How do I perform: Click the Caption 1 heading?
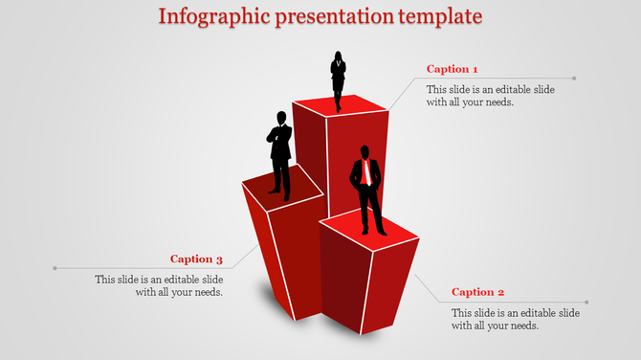(x=452, y=69)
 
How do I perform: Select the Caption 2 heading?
(x=477, y=292)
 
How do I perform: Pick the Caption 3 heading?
(x=196, y=259)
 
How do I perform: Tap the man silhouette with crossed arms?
(x=279, y=153)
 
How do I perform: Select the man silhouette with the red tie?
(x=367, y=190)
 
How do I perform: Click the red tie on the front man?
(x=366, y=173)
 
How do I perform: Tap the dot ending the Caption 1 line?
(x=574, y=79)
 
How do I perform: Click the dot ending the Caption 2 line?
(x=586, y=303)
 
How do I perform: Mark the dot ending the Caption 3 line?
(x=55, y=268)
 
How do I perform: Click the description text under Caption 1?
(x=476, y=95)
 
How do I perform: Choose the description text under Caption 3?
(x=159, y=285)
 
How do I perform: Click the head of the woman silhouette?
(x=338, y=55)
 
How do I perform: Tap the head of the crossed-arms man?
(x=280, y=117)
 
